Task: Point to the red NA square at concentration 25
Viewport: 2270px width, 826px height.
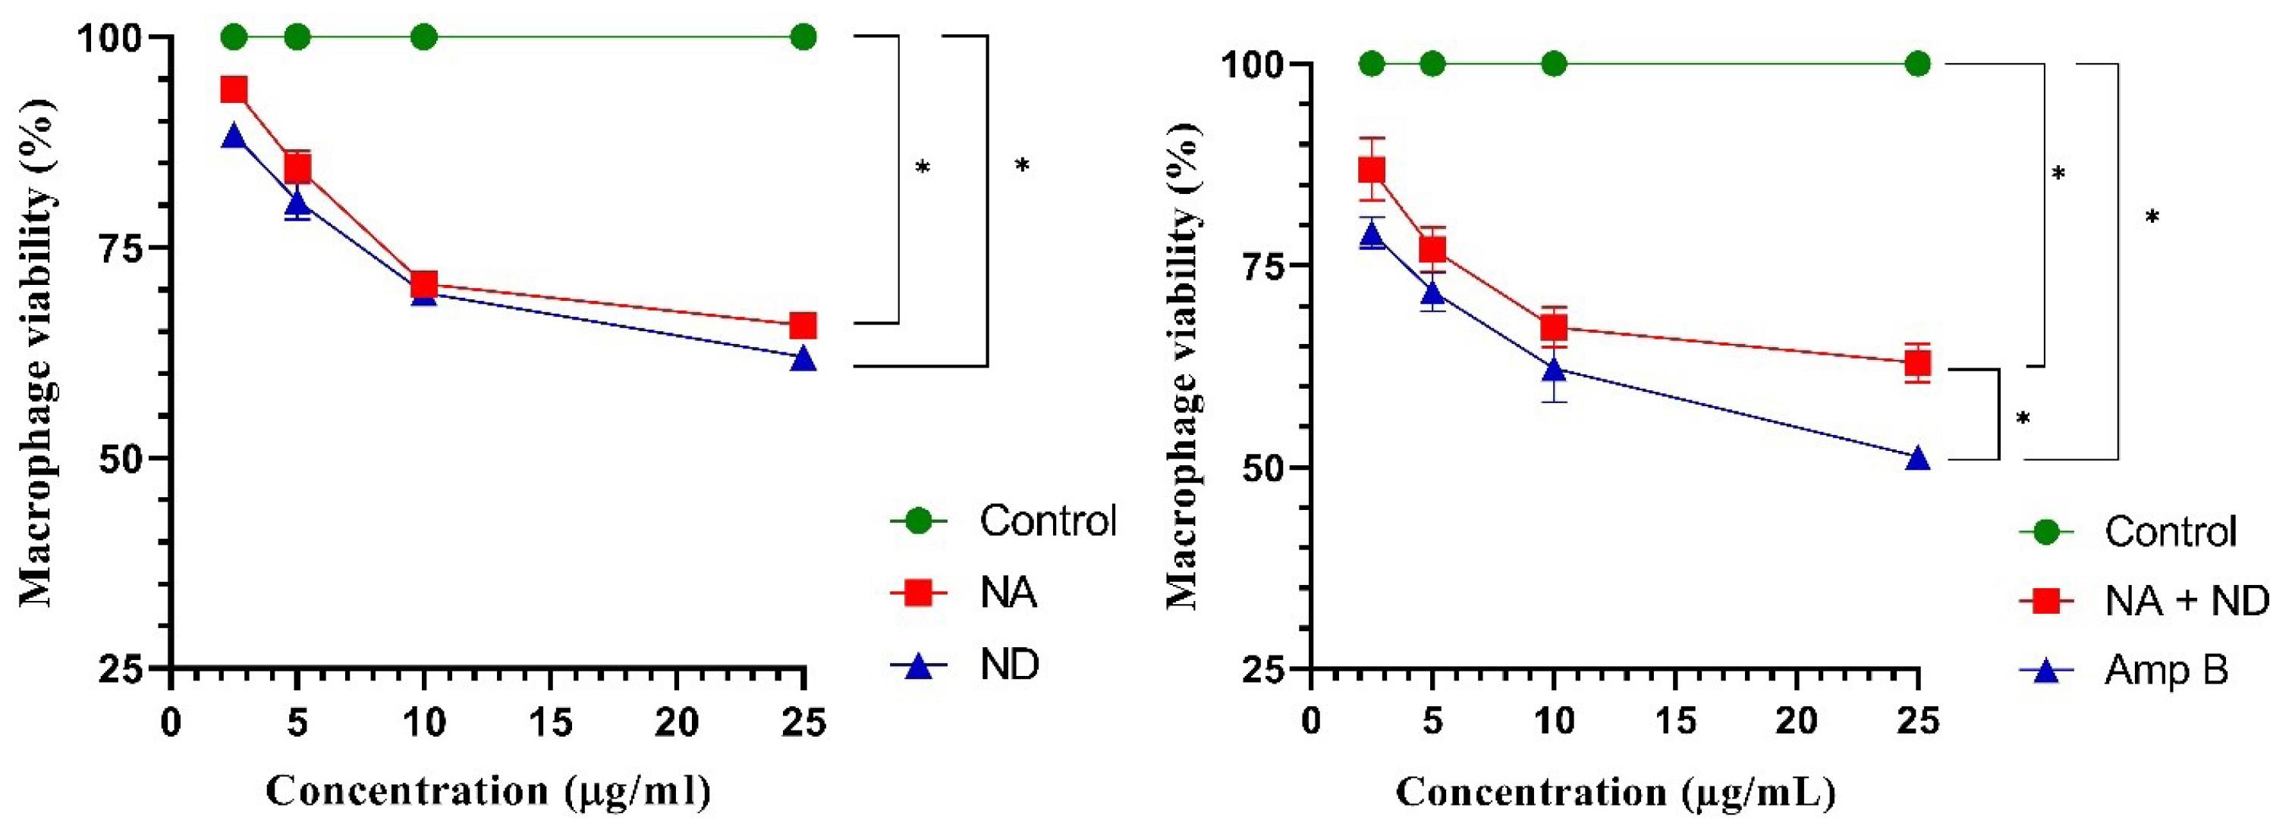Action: tap(803, 326)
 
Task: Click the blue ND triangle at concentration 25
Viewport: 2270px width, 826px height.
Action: tap(803, 358)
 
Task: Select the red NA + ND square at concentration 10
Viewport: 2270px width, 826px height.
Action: tap(1555, 327)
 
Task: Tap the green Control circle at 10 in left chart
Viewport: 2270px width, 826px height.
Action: tap(424, 37)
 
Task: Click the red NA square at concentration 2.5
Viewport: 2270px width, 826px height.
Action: tap(234, 89)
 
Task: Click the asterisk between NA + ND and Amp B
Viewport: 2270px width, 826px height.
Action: tap(2023, 419)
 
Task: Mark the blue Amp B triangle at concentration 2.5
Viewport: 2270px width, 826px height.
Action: tap(1371, 235)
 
